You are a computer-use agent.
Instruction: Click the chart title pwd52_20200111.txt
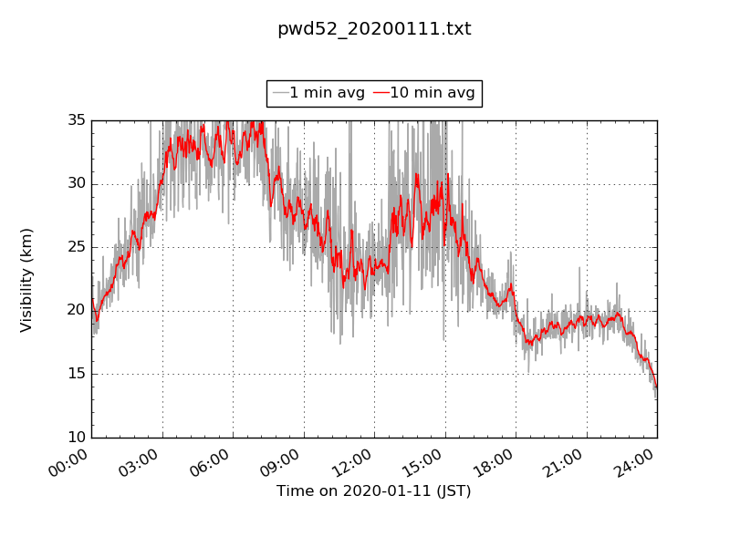(374, 29)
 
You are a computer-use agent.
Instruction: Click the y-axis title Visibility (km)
(26, 279)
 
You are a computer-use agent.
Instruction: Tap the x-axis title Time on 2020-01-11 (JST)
(374, 491)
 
